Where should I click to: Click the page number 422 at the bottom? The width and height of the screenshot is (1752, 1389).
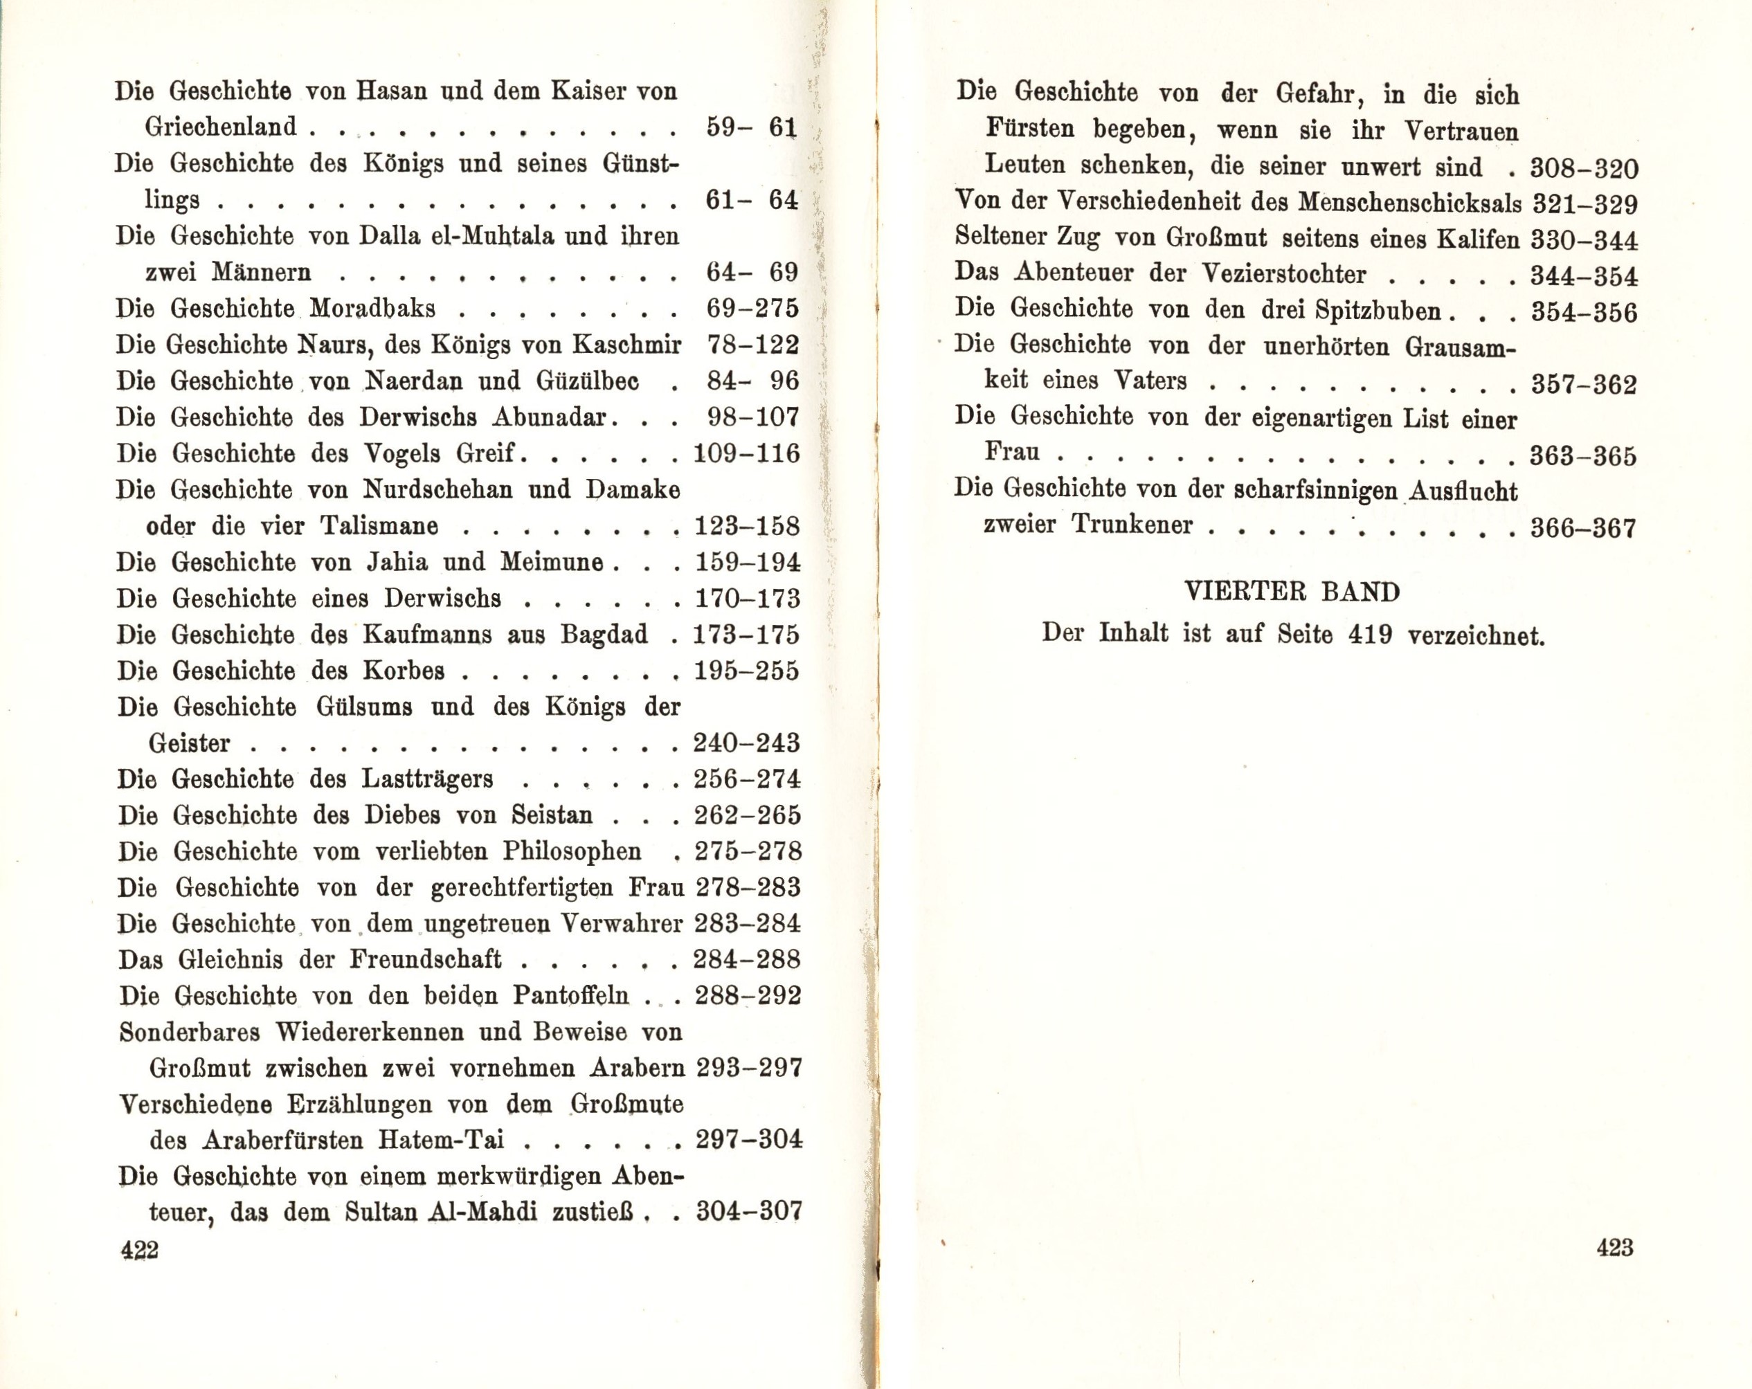(x=139, y=1250)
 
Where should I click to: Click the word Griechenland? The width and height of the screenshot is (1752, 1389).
(x=221, y=127)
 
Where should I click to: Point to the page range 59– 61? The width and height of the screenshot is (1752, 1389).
(x=752, y=127)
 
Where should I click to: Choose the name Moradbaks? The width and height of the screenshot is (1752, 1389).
(x=373, y=309)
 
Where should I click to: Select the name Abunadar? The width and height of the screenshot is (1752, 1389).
(x=548, y=417)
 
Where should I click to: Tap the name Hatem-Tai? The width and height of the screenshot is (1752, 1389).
(x=441, y=1140)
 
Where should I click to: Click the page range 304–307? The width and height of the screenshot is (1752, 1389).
(x=748, y=1212)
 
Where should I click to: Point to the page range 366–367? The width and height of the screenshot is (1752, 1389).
(x=1583, y=529)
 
